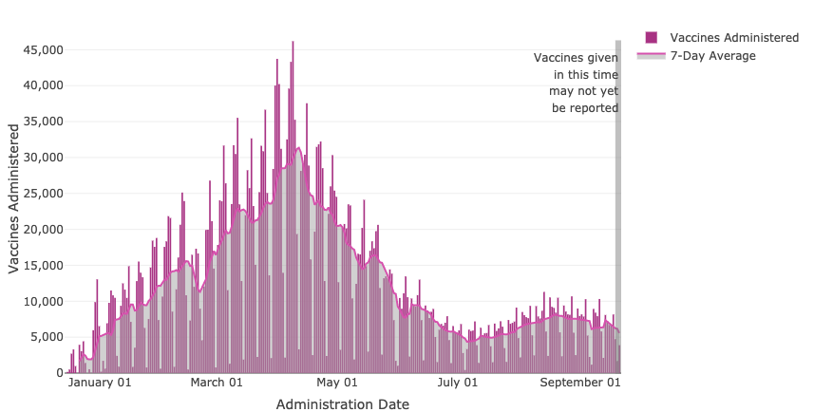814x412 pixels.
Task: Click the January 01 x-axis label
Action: (x=100, y=384)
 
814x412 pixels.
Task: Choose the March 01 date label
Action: (x=217, y=384)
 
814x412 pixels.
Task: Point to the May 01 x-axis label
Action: (x=336, y=384)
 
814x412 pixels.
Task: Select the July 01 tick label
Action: (x=458, y=384)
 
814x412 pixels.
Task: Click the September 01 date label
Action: (x=580, y=384)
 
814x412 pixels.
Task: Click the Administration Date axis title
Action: (x=343, y=404)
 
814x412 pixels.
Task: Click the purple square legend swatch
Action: (x=652, y=37)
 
